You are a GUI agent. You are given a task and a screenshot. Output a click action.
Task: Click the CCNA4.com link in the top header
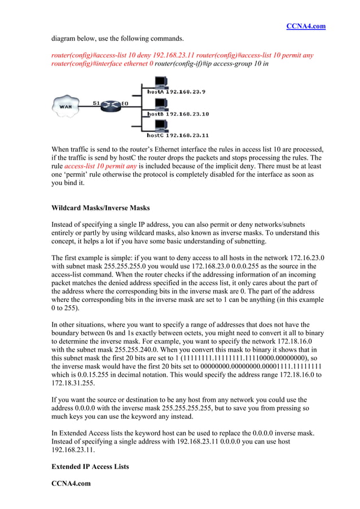point(306,27)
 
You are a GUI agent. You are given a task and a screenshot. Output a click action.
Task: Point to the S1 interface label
point(97,103)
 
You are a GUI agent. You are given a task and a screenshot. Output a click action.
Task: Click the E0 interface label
point(125,103)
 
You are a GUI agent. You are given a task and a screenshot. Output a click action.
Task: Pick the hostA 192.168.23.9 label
point(176,91)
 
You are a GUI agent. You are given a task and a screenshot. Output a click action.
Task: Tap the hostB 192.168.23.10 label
point(178,114)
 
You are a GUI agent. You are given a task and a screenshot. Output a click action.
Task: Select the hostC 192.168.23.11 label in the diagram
point(178,135)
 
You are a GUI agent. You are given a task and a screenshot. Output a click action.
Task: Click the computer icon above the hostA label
point(158,82)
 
